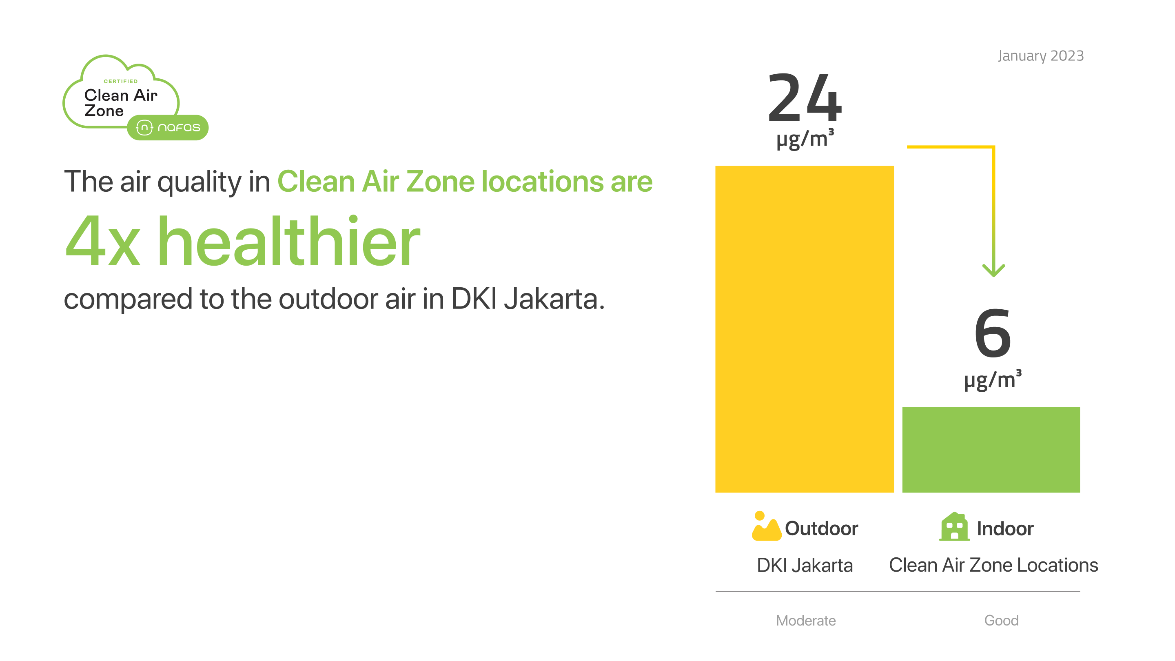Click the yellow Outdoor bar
[804, 329]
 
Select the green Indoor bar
[991, 450]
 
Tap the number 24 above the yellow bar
[805, 98]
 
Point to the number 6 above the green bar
[993, 333]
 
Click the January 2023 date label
[1040, 55]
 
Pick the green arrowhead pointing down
[993, 270]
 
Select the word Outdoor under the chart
[822, 528]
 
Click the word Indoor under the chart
[1005, 529]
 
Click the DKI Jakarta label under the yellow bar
[805, 565]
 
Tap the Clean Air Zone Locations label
[993, 565]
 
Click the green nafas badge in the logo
[168, 127]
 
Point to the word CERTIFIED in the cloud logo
[120, 81]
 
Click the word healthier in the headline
[289, 240]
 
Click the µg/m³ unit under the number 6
[993, 379]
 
